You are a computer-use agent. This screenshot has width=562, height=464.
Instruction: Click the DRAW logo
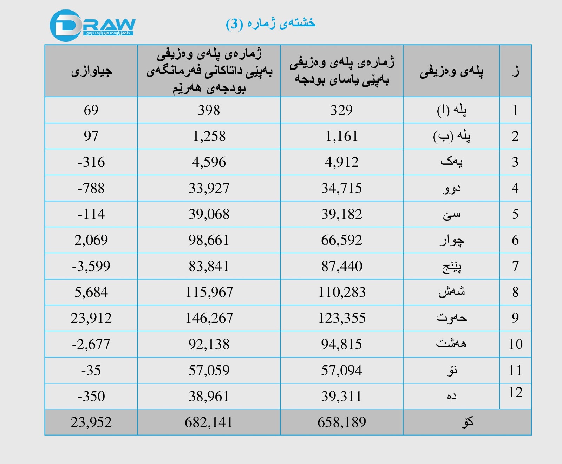(x=92, y=25)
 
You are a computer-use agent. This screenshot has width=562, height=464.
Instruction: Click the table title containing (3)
(x=270, y=23)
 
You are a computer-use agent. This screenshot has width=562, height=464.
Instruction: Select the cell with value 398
(x=209, y=110)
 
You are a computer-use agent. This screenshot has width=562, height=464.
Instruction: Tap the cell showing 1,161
(x=341, y=136)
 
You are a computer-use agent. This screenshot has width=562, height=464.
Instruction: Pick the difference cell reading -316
(x=91, y=162)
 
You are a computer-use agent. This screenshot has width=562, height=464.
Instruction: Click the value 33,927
(x=209, y=188)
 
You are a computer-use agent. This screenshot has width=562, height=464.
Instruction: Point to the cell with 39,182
(x=341, y=214)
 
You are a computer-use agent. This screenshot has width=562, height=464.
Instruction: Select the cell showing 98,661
(x=209, y=240)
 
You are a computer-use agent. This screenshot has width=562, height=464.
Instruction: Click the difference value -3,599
(x=91, y=266)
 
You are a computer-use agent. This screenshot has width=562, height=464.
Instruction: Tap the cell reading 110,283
(x=341, y=292)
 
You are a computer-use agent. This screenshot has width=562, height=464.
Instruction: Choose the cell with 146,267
(x=209, y=318)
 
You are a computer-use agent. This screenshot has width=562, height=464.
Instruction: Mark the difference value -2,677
(x=91, y=344)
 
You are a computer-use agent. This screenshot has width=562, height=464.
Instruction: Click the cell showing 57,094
(x=341, y=371)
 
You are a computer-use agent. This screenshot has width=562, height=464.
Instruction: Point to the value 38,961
(x=209, y=397)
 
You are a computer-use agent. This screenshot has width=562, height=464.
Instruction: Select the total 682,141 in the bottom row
(x=209, y=422)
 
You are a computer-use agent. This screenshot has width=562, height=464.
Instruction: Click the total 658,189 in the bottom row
(x=341, y=422)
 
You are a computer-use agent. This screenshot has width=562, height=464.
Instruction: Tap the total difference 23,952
(x=91, y=422)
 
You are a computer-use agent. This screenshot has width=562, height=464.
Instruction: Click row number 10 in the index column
(x=515, y=344)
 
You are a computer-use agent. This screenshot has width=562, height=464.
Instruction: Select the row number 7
(x=515, y=266)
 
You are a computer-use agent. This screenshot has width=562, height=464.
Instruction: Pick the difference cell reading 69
(x=91, y=110)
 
